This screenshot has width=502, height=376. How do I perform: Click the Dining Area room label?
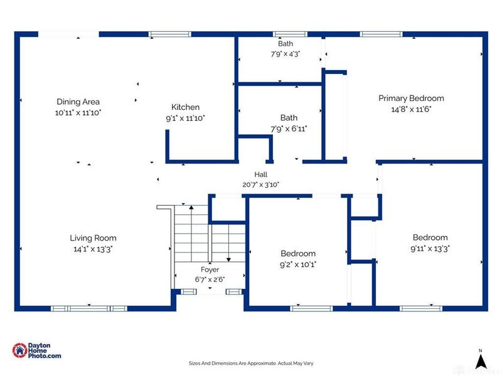click(x=78, y=102)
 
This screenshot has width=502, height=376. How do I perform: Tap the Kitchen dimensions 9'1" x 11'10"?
click(x=185, y=118)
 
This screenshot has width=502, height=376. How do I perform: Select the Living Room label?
click(x=93, y=238)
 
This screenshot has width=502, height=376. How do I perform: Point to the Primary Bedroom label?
click(x=411, y=98)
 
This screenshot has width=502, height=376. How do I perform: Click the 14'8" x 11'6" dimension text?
click(x=411, y=109)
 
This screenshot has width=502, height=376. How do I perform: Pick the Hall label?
click(x=260, y=175)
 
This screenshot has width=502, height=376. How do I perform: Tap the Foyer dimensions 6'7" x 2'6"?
click(x=210, y=279)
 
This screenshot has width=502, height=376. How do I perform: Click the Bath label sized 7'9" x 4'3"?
click(x=286, y=43)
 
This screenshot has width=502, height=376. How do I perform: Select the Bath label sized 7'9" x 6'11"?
click(x=289, y=118)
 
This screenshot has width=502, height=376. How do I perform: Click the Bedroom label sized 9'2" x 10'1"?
click(x=298, y=254)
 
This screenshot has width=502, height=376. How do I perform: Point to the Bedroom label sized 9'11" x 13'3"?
click(x=430, y=238)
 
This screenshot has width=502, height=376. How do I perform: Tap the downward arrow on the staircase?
click(x=228, y=243)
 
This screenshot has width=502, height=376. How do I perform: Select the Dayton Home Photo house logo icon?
click(x=20, y=350)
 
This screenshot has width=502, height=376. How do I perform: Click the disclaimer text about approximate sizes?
click(x=251, y=363)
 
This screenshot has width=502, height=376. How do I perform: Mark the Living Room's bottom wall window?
click(x=89, y=308)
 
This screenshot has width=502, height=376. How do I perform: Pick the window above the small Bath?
click(x=290, y=34)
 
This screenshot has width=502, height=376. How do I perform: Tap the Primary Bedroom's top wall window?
click(x=381, y=34)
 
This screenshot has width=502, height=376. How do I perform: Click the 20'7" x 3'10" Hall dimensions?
click(x=260, y=185)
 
